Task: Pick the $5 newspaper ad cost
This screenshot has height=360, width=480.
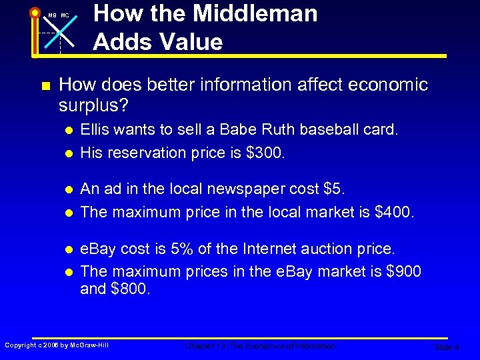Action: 332,189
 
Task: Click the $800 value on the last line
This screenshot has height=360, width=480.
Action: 133,289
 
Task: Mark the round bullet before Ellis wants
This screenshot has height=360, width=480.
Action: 69,130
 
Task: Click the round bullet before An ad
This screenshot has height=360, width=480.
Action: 69,189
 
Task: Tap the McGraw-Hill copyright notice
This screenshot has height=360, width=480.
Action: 57,345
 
